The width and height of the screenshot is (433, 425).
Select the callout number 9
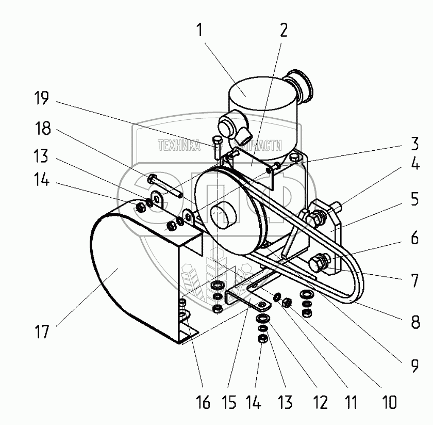click(413, 365)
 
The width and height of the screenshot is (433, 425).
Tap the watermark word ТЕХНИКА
click(178, 146)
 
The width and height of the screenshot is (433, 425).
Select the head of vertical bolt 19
click(217, 141)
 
